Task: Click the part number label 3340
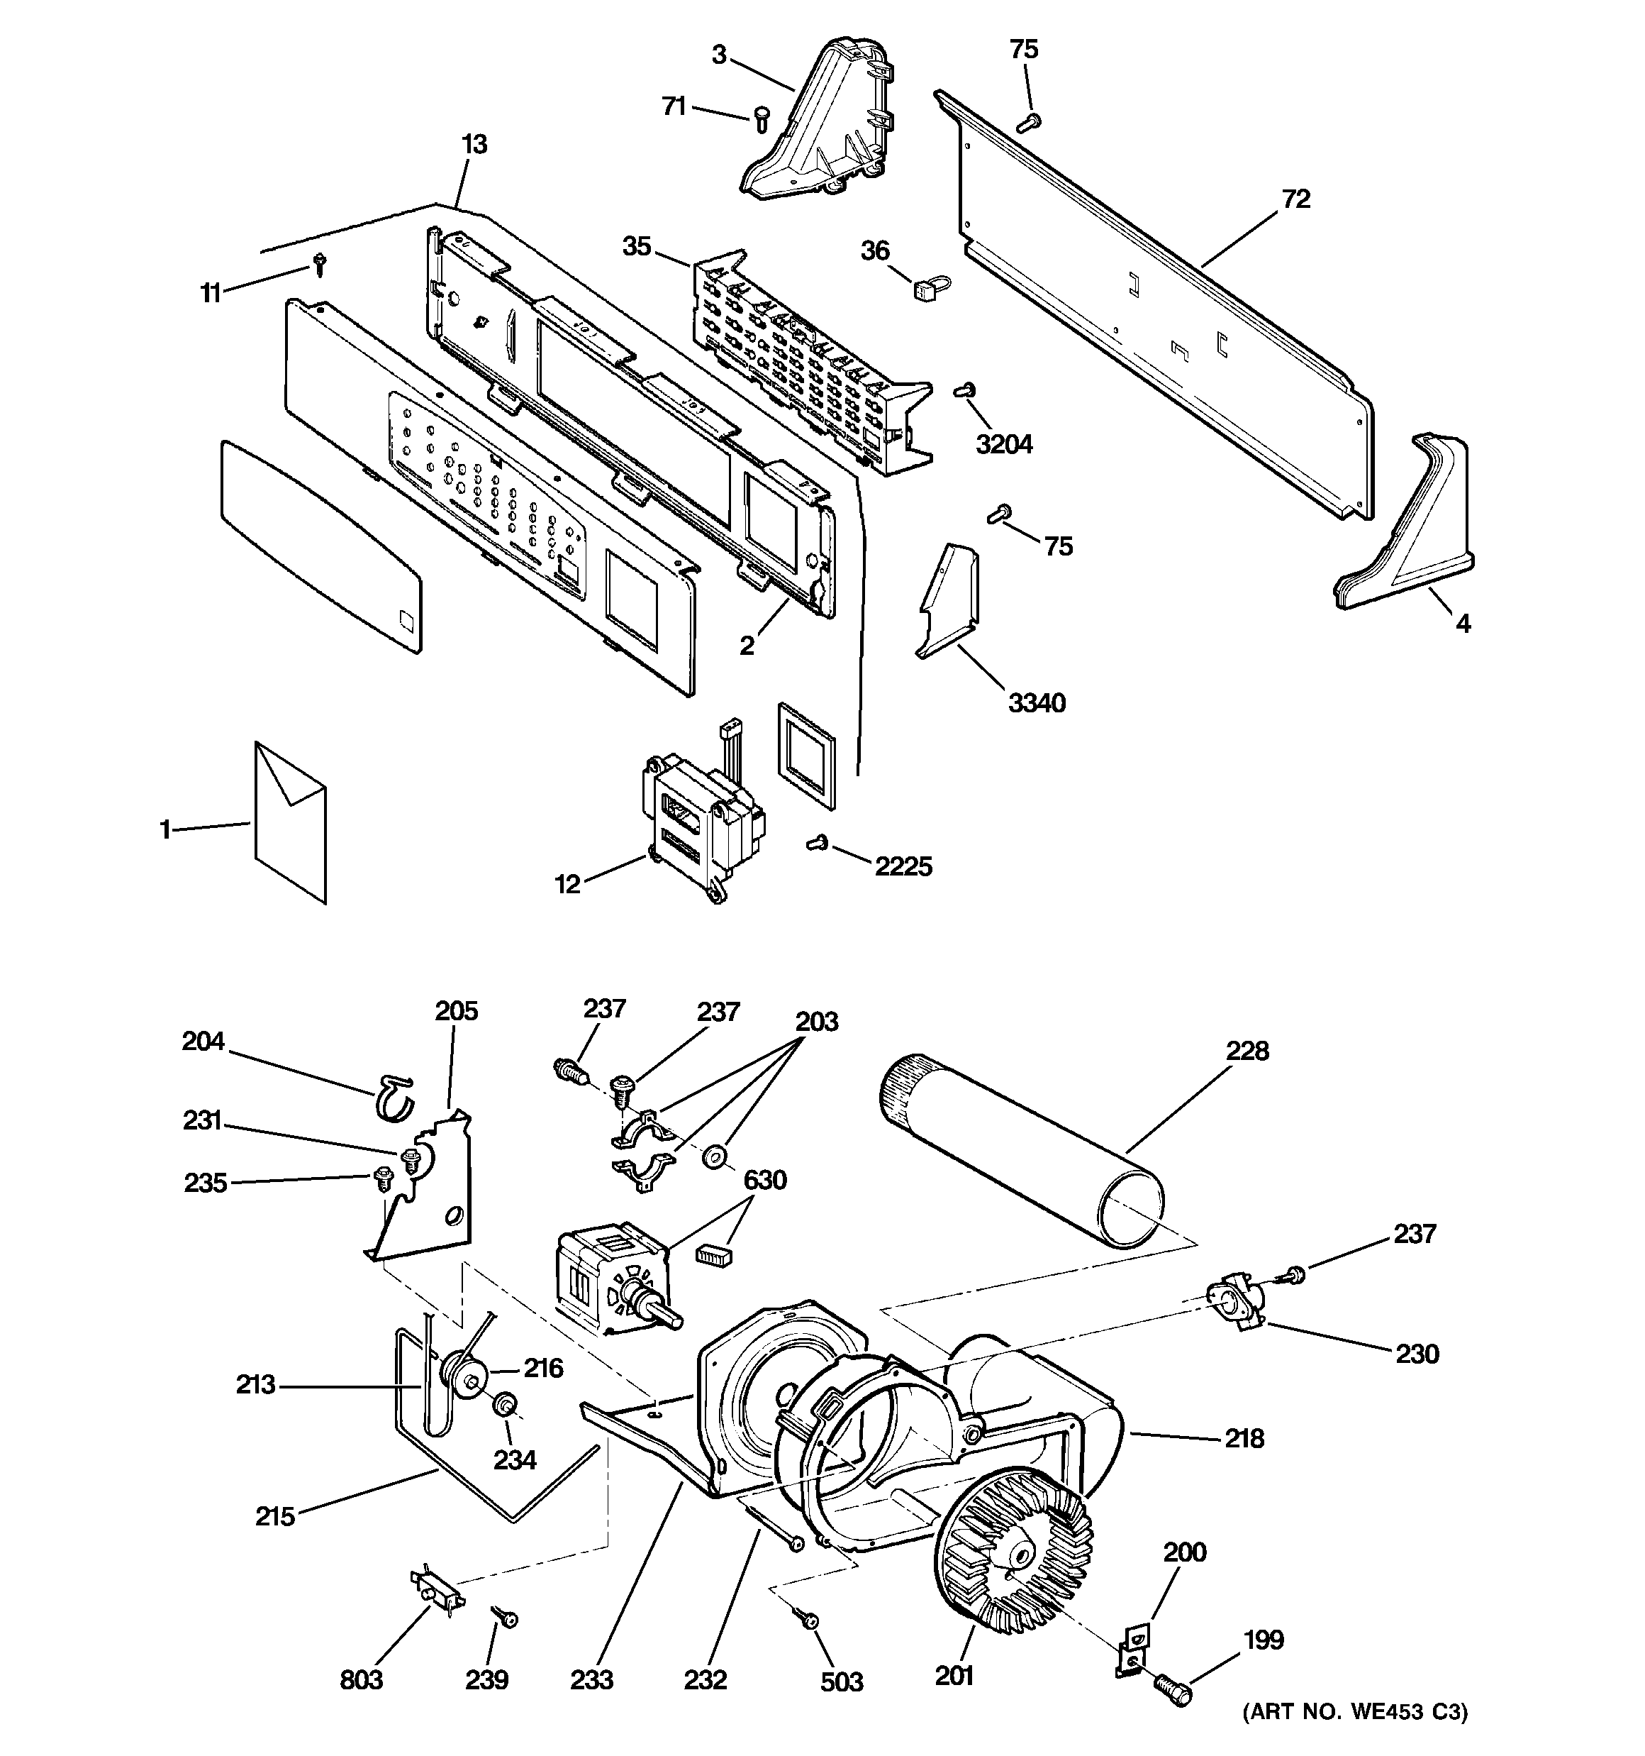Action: [x=1037, y=703]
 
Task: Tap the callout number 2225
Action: [x=903, y=866]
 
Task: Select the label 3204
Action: [x=1004, y=443]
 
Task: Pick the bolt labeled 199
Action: [x=1172, y=1691]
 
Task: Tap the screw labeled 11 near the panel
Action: [x=319, y=263]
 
